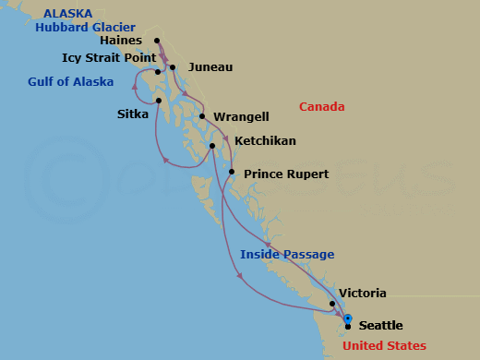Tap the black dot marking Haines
[x=157, y=41]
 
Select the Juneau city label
[x=210, y=67]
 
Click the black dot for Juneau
[x=173, y=67]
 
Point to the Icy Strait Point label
[x=107, y=57]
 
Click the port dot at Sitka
[x=159, y=101]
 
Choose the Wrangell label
[x=241, y=117]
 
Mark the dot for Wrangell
[x=202, y=117]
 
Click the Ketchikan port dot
[x=212, y=146]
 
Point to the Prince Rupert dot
[x=232, y=173]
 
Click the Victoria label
[x=362, y=294]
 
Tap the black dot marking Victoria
[x=332, y=303]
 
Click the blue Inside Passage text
[x=287, y=255]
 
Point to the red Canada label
[x=322, y=107]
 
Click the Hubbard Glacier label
[x=86, y=27]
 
